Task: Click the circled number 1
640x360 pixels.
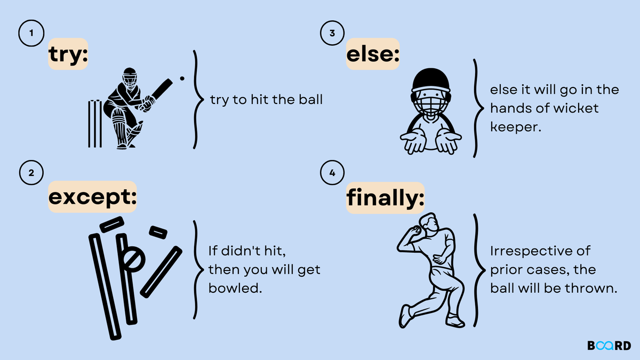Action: (31, 33)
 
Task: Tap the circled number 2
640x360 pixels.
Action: (31, 173)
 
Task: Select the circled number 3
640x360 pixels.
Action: (332, 33)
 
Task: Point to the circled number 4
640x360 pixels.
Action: (332, 173)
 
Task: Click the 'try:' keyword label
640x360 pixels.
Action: (68, 54)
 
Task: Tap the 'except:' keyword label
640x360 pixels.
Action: (92, 197)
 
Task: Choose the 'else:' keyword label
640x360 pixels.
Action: (373, 54)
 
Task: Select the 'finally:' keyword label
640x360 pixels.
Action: (385, 198)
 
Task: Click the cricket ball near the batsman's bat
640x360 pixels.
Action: (182, 78)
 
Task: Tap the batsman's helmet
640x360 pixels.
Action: (130, 77)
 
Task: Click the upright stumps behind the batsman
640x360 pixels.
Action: (95, 123)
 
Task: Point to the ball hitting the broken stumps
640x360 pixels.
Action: (134, 259)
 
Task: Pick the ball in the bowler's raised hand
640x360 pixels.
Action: (417, 229)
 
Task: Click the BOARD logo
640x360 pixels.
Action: (609, 346)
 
